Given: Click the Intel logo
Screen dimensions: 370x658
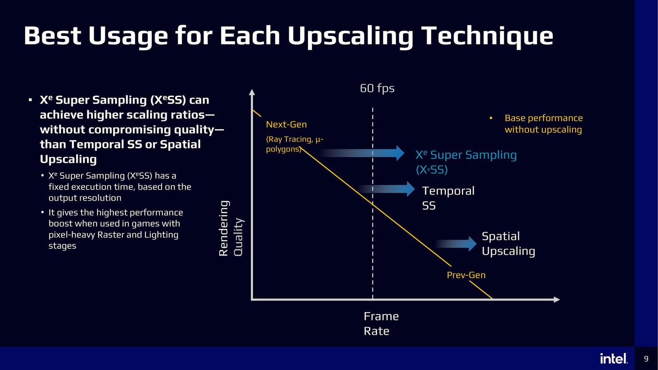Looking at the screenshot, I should click(614, 358).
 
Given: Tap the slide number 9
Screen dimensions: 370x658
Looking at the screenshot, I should click(646, 358).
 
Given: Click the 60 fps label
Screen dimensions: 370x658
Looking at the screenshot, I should click(377, 88).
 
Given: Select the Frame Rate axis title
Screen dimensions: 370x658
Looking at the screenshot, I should click(381, 324).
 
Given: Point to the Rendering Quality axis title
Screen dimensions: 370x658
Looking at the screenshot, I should click(230, 229).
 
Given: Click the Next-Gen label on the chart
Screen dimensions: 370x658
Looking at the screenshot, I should click(286, 124).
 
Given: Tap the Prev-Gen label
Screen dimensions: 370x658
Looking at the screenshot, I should click(466, 275).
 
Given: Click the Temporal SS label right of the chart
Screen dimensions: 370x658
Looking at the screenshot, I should click(448, 198).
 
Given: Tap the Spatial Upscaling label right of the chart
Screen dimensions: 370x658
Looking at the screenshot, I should click(508, 243).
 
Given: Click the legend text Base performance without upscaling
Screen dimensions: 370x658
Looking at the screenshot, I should click(543, 124).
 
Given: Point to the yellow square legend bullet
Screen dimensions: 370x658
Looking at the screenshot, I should click(491, 118).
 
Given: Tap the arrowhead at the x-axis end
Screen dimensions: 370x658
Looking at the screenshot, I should click(556, 299).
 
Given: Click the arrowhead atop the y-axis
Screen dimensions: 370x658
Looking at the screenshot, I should click(252, 92).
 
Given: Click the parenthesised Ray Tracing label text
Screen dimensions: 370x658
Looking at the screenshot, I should click(294, 144).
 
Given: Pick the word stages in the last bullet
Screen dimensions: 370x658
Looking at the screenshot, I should click(62, 246).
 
